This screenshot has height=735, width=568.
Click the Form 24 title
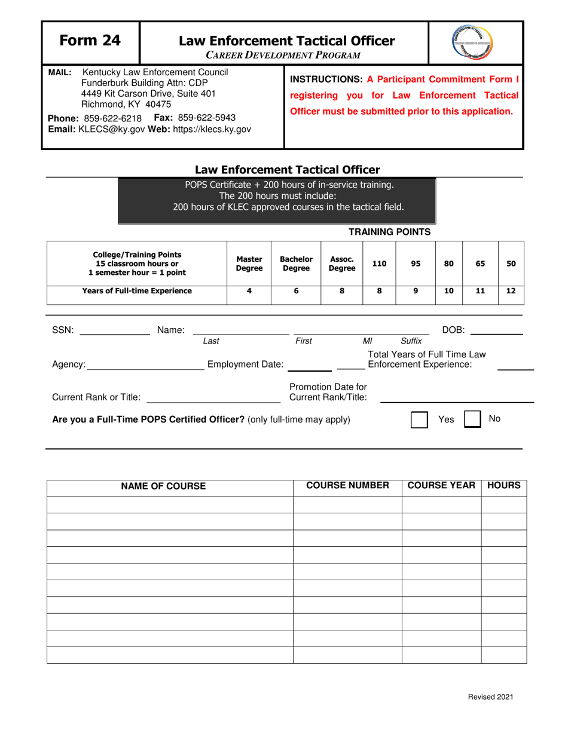click(90, 41)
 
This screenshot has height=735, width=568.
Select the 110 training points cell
click(379, 263)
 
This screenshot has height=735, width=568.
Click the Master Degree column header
click(249, 264)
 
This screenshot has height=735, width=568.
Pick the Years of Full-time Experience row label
click(137, 291)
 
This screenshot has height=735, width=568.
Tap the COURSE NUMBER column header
click(347, 486)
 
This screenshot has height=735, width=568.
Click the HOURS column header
click(503, 486)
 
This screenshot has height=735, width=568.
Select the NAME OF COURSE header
click(163, 486)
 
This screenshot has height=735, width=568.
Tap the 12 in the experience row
click(511, 291)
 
